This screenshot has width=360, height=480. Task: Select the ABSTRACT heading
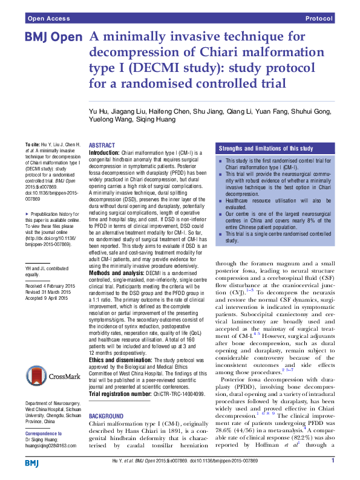pos(103,146)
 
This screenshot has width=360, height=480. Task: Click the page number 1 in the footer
pos(333,461)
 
